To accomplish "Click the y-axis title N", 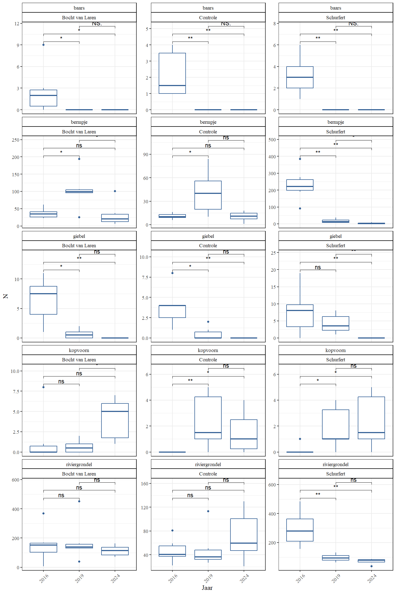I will coord(5,296).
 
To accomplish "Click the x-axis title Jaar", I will coord(207,588).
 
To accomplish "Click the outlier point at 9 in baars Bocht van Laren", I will coord(43,45).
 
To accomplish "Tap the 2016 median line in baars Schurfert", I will coord(300,77).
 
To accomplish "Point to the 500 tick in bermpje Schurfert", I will coord(272,140).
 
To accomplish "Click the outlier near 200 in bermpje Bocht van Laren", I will coord(79,159).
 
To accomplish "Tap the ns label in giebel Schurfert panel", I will coord(318,267).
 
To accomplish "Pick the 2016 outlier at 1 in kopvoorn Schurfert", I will coord(300,439).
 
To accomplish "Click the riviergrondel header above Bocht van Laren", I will coord(79,464).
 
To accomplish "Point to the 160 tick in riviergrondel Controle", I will coord(145,484).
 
